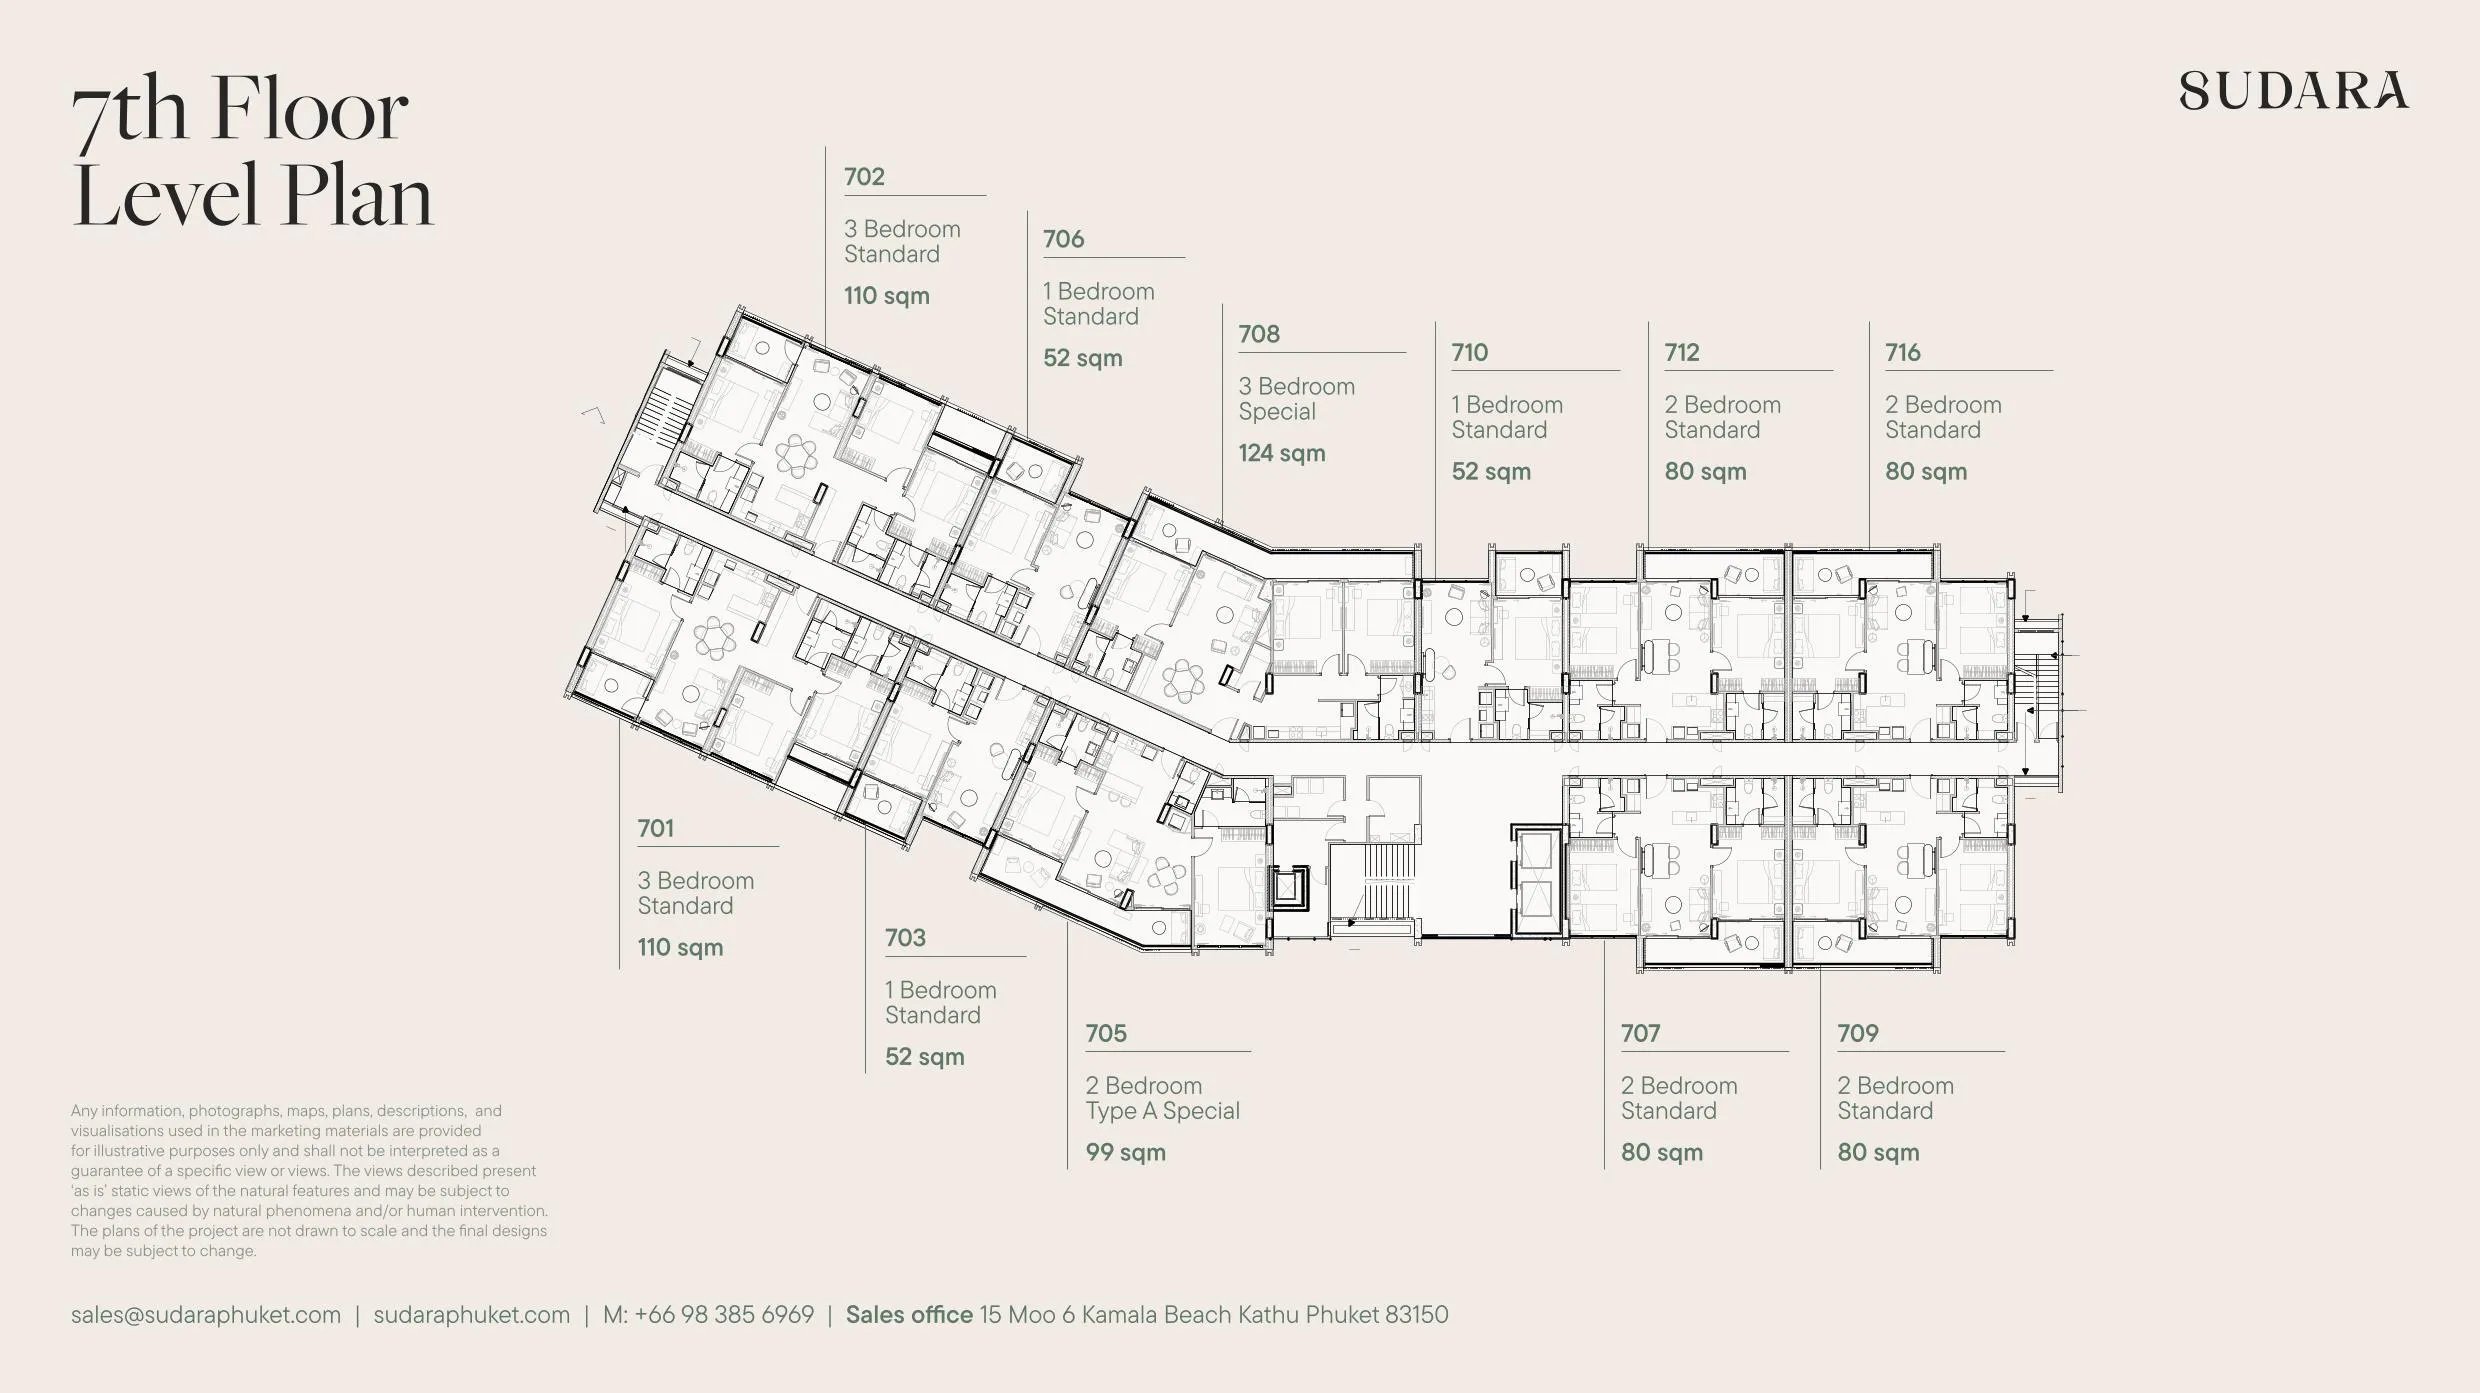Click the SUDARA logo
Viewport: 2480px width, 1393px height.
click(x=2294, y=90)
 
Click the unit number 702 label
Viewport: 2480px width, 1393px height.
click(x=864, y=177)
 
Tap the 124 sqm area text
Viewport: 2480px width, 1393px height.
click(x=1282, y=453)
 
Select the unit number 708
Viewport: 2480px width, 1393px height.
click(x=1259, y=334)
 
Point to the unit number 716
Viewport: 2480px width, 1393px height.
click(x=1903, y=352)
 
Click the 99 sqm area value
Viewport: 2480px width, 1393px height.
click(x=1126, y=1152)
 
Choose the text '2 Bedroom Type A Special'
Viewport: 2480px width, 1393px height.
click(x=1163, y=1098)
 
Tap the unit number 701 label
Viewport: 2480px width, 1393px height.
click(x=656, y=828)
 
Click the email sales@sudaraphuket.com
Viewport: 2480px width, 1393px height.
click(x=206, y=1315)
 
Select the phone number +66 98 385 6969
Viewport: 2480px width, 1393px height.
click(x=724, y=1314)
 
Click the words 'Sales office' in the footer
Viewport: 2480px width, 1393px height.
click(x=909, y=1314)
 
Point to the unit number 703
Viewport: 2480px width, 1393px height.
click(x=905, y=938)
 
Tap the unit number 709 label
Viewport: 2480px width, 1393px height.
click(x=1858, y=1033)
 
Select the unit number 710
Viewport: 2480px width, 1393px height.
click(x=1470, y=352)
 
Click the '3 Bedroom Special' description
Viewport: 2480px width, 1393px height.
click(x=1297, y=399)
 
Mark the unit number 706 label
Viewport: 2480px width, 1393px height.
click(x=1063, y=239)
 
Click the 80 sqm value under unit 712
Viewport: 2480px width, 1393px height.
click(x=1706, y=471)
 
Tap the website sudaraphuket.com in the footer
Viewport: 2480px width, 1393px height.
click(x=472, y=1315)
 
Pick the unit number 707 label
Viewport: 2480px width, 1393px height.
click(x=1641, y=1033)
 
